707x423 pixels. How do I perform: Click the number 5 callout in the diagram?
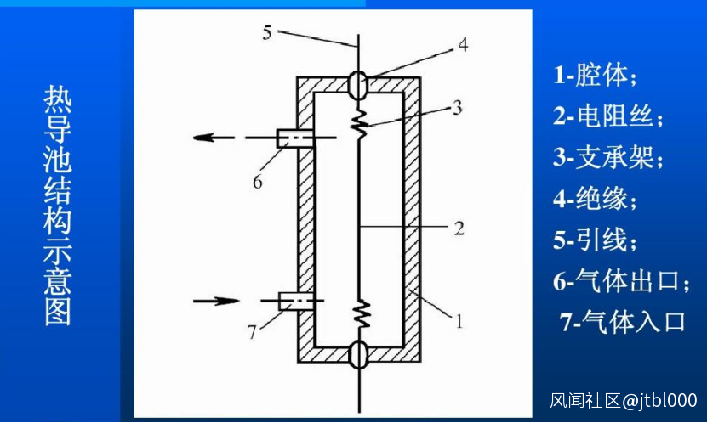tap(267, 32)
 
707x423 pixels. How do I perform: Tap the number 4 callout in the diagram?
tap(463, 44)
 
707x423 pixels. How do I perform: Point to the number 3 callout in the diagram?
tap(457, 107)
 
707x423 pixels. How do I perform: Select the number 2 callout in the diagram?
tap(459, 228)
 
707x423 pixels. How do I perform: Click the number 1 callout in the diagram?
tap(459, 321)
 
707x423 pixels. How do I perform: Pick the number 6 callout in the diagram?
tap(258, 182)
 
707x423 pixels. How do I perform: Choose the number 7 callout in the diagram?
tap(252, 332)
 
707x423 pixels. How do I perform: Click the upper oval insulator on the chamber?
tap(359, 85)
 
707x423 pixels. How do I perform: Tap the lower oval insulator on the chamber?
tap(359, 354)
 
